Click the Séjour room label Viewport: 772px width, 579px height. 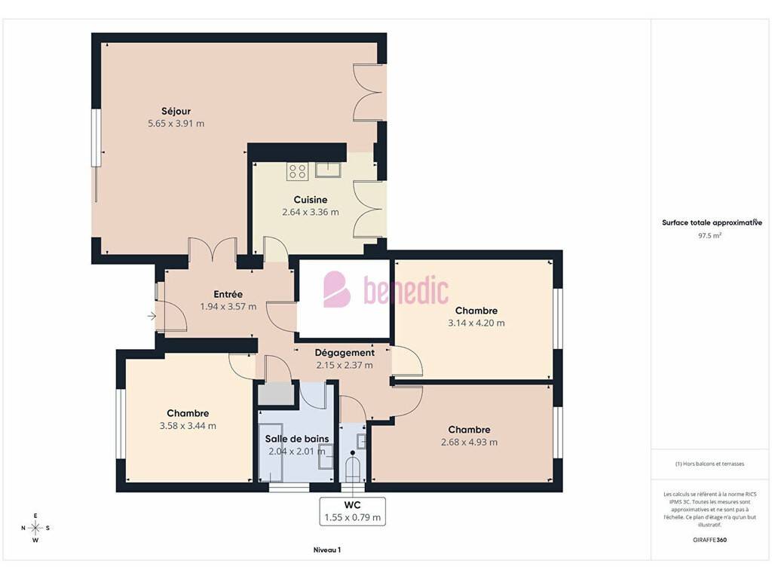point(176,112)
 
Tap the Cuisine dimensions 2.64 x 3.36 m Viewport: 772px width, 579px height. point(310,212)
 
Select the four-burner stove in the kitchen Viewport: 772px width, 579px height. point(297,171)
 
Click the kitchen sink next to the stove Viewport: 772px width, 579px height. point(328,170)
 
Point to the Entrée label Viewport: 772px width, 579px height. point(228,294)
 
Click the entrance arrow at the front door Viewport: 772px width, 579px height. point(152,316)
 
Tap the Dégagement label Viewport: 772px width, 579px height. point(345,353)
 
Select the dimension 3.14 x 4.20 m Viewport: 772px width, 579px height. point(476,323)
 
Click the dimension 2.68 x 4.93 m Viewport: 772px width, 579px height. point(469,442)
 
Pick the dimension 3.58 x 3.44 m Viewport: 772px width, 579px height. point(188,426)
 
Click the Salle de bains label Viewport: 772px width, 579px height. point(297,439)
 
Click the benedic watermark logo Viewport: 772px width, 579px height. point(386,289)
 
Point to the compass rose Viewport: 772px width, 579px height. point(35,528)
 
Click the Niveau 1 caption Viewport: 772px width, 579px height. point(327,550)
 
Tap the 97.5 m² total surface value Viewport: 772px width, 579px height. point(709,235)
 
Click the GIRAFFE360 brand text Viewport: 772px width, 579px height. point(709,540)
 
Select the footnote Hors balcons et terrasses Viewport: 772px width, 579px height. point(709,464)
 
